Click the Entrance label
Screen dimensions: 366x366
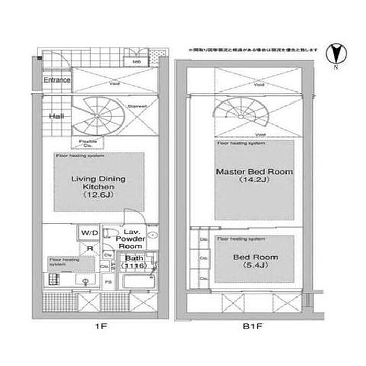(x=56, y=80)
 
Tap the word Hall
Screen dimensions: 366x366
(x=56, y=116)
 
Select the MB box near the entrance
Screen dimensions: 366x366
(x=136, y=61)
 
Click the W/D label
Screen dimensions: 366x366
(x=87, y=232)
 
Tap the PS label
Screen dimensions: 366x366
(x=108, y=282)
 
